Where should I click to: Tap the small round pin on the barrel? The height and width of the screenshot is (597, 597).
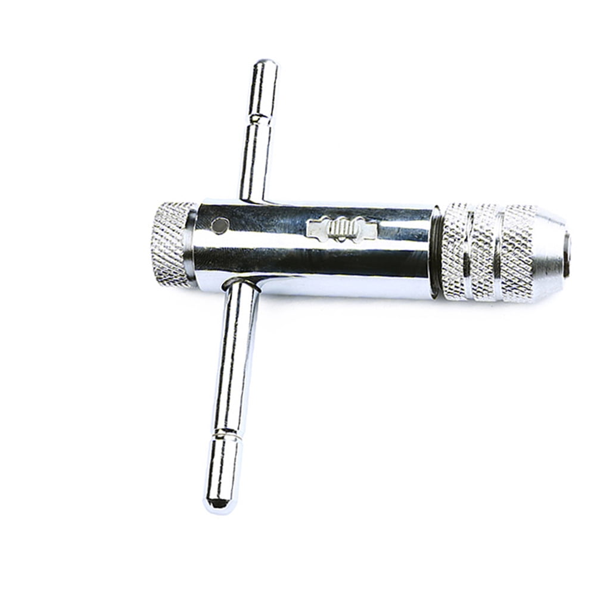tap(220, 225)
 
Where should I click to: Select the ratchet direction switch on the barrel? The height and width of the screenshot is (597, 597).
tap(341, 229)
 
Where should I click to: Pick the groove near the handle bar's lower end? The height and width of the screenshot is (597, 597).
tap(228, 433)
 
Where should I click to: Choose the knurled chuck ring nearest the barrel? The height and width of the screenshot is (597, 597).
tap(456, 251)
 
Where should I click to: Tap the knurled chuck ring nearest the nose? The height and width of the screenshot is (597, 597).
tap(517, 253)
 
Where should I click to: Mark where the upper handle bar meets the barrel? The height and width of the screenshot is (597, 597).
tap(253, 200)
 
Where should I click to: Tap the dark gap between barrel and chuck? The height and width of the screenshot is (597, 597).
tap(437, 250)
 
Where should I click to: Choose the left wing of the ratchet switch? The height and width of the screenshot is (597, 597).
tap(316, 228)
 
